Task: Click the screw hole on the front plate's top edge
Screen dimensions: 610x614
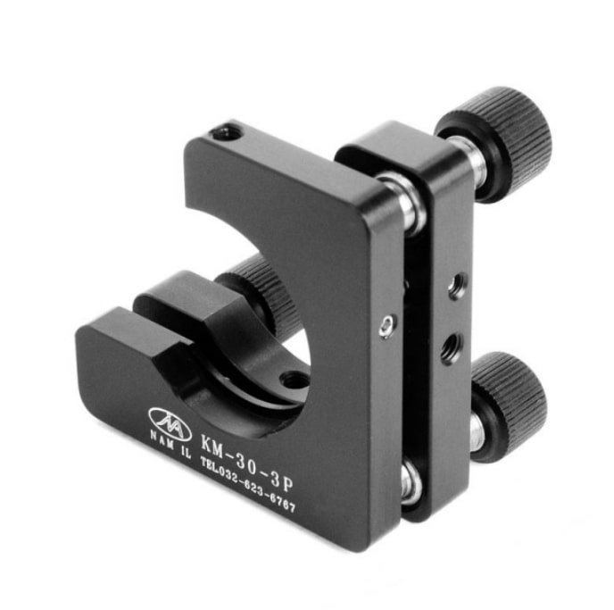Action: tap(227, 135)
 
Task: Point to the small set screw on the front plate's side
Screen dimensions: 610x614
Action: tap(385, 326)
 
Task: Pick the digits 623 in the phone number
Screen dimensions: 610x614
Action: tap(256, 490)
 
